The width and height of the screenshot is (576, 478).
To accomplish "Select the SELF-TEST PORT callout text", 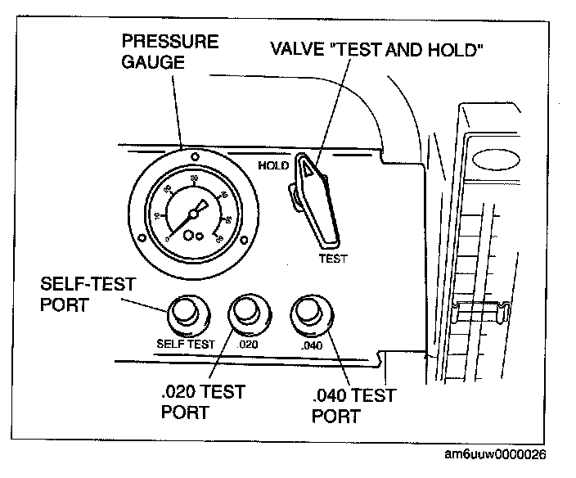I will (x=88, y=294).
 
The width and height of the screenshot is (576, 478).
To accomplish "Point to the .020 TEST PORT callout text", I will (x=203, y=402).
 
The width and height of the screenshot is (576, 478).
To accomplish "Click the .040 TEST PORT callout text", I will (x=353, y=406).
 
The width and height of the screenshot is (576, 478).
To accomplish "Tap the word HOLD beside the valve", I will (x=274, y=165).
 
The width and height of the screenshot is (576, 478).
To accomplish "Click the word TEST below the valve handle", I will (x=333, y=259).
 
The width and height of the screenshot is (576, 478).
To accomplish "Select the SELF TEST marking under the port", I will (x=185, y=344).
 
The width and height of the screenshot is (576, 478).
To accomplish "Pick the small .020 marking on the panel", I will (x=247, y=344).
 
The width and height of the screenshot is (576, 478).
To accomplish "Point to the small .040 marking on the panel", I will (x=311, y=345).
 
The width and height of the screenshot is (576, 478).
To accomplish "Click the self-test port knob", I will (x=187, y=313).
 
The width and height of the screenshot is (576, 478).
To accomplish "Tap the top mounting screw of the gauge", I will (x=194, y=155).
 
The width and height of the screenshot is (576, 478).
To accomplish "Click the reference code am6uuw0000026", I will (x=496, y=454).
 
